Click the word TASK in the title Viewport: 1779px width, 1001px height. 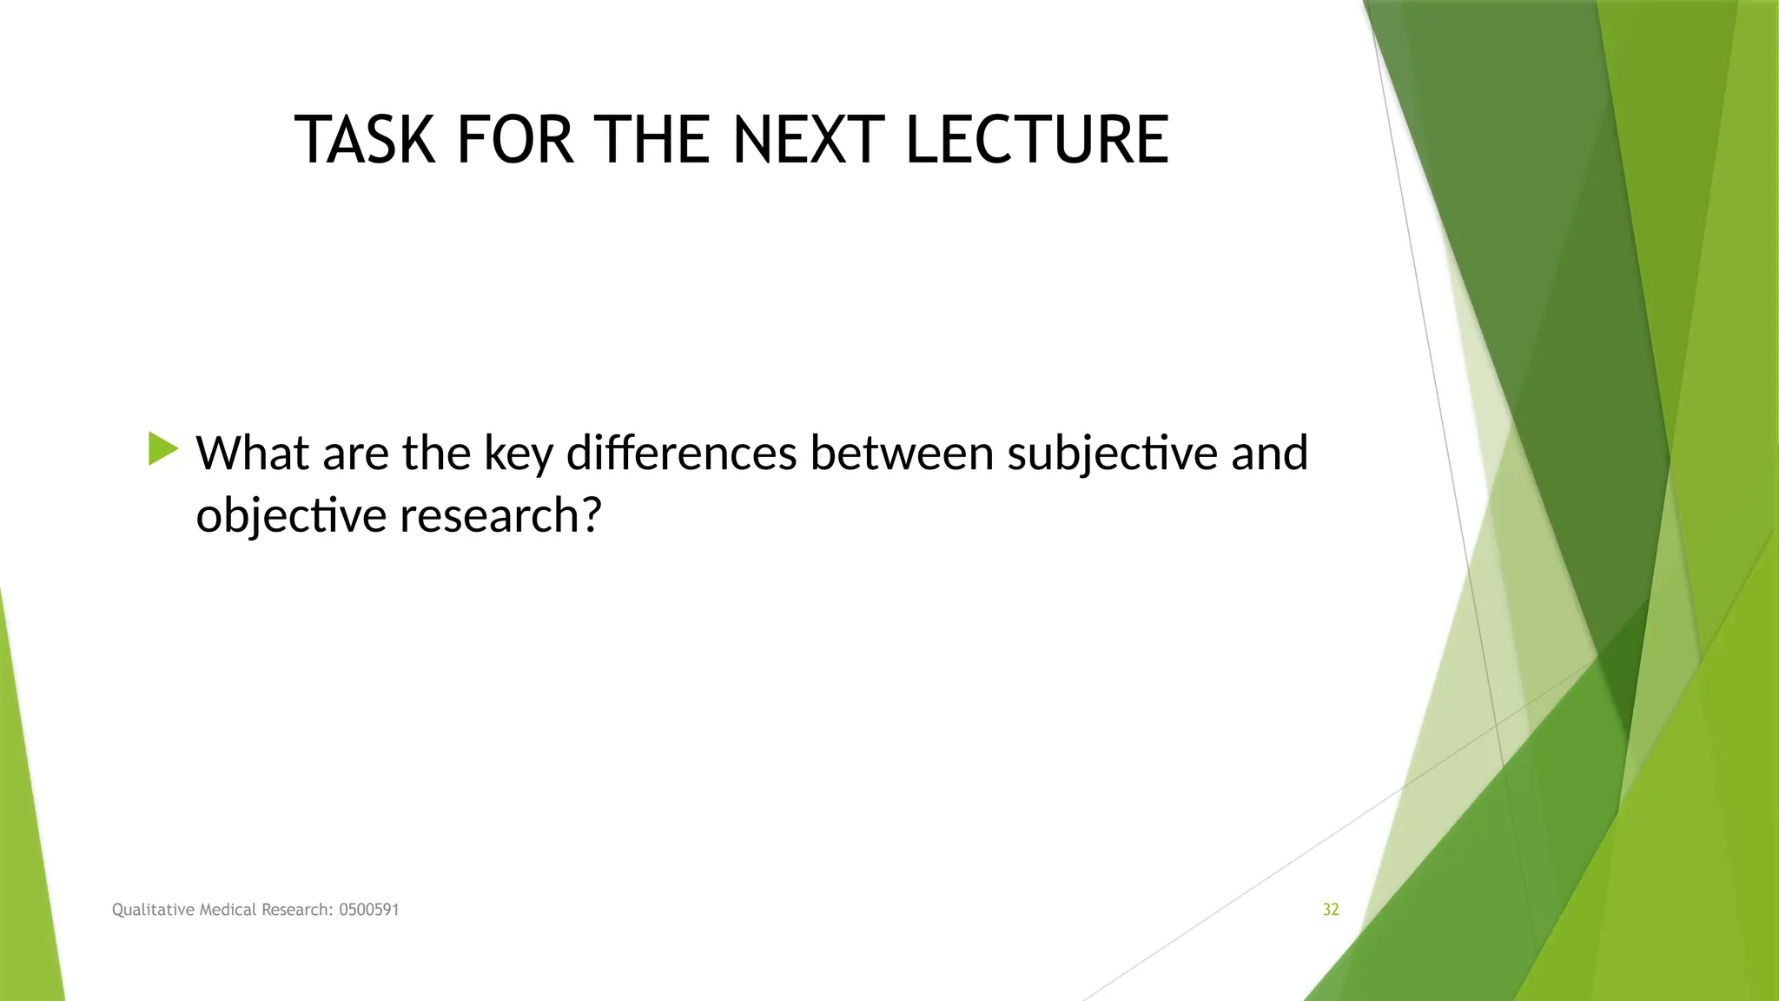tap(365, 140)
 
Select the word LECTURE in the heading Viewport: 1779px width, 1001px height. tap(1037, 140)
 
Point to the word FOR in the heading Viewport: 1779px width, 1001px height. tap(515, 140)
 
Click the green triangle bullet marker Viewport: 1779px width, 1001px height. tap(162, 449)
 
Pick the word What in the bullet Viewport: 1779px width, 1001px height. tap(252, 454)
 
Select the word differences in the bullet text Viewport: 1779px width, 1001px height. tap(682, 454)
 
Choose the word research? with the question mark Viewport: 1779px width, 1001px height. tap(500, 516)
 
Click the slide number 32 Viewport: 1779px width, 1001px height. tap(1331, 910)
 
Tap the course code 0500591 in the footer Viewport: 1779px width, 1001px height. tap(369, 910)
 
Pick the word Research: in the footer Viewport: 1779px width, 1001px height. tap(298, 910)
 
